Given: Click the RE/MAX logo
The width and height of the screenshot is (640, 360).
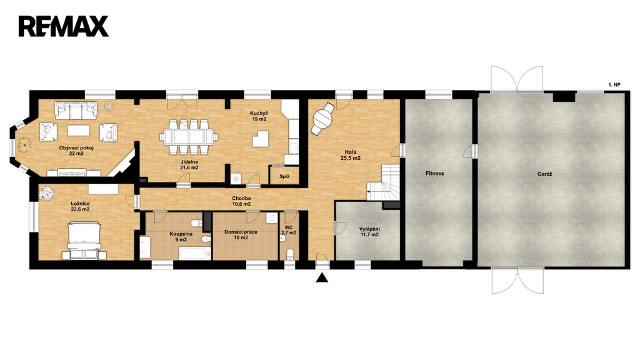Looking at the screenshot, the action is pyautogui.click(x=63, y=26).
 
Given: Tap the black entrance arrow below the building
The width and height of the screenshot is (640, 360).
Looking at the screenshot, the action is pyautogui.click(x=322, y=278).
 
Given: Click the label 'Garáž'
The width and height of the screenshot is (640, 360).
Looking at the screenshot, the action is pyautogui.click(x=544, y=174).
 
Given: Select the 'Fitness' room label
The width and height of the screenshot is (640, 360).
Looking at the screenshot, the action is pyautogui.click(x=435, y=174).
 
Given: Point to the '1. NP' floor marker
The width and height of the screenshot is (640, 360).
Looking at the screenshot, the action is pyautogui.click(x=614, y=85).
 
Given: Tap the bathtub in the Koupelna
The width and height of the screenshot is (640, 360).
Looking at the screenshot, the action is pyautogui.click(x=195, y=254).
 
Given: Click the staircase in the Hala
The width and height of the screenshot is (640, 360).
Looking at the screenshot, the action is pyautogui.click(x=383, y=182).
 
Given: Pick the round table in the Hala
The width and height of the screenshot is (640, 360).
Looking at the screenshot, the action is pyautogui.click(x=322, y=118).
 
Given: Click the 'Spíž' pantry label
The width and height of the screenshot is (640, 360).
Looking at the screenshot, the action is pyautogui.click(x=284, y=177).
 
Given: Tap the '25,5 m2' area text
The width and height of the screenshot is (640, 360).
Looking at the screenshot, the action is pyautogui.click(x=351, y=158).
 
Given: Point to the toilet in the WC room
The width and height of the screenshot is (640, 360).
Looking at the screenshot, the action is pyautogui.click(x=290, y=254).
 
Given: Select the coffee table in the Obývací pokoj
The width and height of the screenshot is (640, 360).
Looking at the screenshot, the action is pyautogui.click(x=79, y=130).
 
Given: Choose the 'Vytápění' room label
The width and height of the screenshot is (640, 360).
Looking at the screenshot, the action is pyautogui.click(x=369, y=229).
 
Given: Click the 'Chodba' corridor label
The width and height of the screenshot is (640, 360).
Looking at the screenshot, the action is pyautogui.click(x=242, y=198).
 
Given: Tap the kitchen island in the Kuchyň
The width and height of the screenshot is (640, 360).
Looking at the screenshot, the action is pyautogui.click(x=261, y=139).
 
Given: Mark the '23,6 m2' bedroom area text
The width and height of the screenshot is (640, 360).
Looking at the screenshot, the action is pyautogui.click(x=80, y=209).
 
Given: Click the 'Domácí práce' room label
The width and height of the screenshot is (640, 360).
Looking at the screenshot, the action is pyautogui.click(x=241, y=232).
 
